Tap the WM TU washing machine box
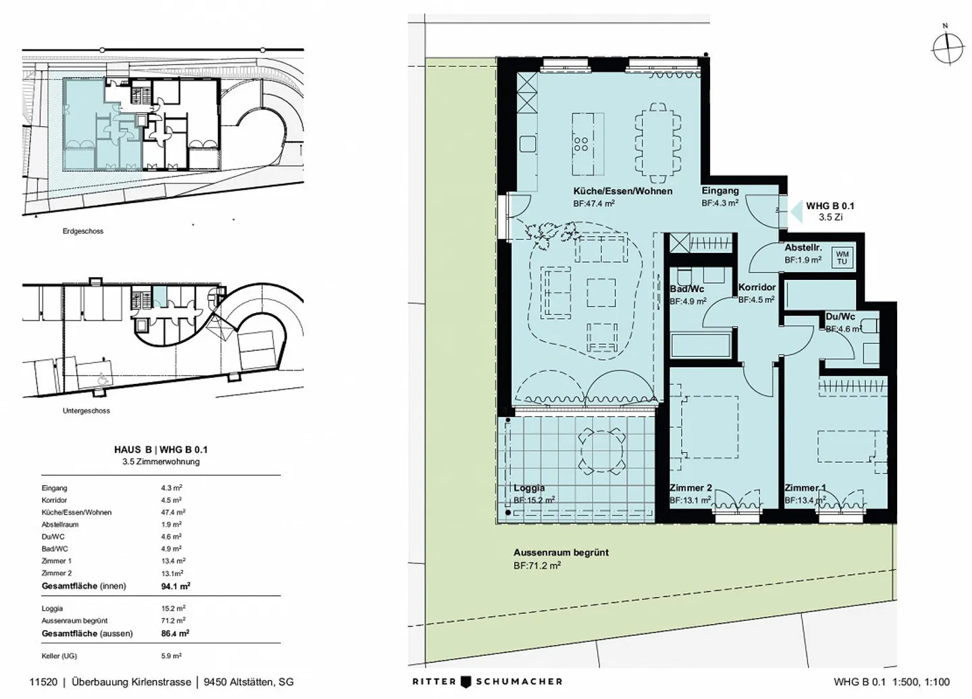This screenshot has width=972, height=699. pyautogui.click(x=842, y=258)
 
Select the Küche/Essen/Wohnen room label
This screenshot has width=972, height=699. pyautogui.click(x=622, y=191)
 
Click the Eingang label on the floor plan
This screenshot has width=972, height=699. pyautogui.click(x=720, y=190)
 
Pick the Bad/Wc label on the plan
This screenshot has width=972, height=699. pyautogui.click(x=687, y=289)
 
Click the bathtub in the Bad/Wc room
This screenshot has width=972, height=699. pyautogui.click(x=701, y=345)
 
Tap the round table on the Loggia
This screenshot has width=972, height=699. pyautogui.click(x=602, y=451)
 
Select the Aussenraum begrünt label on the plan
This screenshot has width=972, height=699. pyautogui.click(x=561, y=553)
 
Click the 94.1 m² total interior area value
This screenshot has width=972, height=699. pyautogui.click(x=175, y=586)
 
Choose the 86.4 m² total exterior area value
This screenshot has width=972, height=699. pyautogui.click(x=175, y=634)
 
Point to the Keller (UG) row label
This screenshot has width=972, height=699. pyautogui.click(x=59, y=656)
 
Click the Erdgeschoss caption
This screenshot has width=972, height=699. pyautogui.click(x=83, y=231)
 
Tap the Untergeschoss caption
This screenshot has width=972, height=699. pyautogui.click(x=86, y=411)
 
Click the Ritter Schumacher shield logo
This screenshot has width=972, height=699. pyautogui.click(x=466, y=682)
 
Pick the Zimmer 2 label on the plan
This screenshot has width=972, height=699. pyautogui.click(x=691, y=488)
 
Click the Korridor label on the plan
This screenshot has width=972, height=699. pyautogui.click(x=757, y=287)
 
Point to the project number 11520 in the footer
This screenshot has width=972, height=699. pyautogui.click(x=43, y=682)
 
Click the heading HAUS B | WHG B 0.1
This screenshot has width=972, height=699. pyautogui.click(x=161, y=449)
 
